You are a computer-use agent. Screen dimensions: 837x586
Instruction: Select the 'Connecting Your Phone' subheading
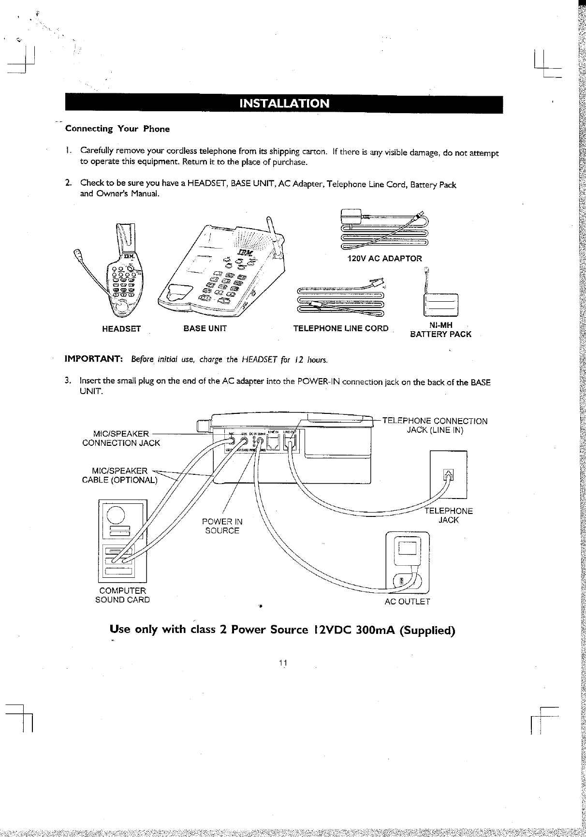point(117,129)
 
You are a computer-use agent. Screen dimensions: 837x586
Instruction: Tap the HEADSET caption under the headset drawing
point(121,329)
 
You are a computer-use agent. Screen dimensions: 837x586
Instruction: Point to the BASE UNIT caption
point(205,329)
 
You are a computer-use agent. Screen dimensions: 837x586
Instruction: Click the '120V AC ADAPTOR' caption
point(385,258)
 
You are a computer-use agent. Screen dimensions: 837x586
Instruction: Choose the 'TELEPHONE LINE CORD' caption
point(341,329)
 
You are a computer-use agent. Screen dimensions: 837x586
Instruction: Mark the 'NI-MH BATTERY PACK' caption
point(440,330)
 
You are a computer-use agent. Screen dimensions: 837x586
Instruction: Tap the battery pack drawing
point(439,303)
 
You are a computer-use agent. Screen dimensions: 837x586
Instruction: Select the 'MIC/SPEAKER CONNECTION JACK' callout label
point(121,438)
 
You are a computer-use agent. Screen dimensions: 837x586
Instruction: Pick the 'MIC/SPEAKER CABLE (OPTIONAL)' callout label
point(120,475)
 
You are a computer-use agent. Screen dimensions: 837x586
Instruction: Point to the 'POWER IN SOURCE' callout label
point(222,526)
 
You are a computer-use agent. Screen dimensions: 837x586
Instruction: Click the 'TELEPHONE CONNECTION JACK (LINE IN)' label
point(435,426)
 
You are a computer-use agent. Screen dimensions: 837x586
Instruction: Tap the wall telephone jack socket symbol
point(448,475)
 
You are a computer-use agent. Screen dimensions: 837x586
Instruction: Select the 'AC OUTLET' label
point(407,602)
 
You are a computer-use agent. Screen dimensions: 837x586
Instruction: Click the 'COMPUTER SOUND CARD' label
point(122,595)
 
